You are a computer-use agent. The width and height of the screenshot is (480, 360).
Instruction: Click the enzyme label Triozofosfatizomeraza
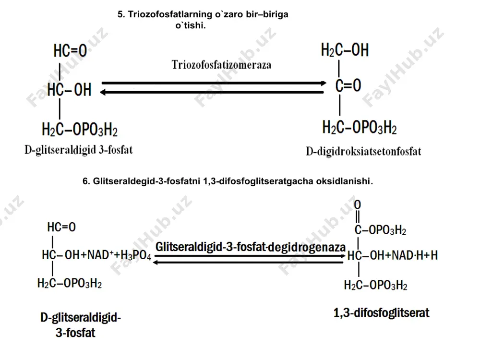221,65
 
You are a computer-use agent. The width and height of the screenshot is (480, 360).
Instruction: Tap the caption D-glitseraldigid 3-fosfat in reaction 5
79,150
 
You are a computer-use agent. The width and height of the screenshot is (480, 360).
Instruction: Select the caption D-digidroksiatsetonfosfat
363,152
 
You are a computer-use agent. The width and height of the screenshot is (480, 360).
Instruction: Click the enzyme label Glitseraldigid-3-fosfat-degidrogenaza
251,247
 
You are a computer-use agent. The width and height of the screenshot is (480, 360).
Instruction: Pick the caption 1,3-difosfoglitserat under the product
381,313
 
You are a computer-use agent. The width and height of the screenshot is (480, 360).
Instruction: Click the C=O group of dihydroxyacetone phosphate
348,85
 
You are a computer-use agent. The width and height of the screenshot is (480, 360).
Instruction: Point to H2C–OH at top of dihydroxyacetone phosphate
345,50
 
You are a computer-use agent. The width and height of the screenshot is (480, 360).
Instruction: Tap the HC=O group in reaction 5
70,50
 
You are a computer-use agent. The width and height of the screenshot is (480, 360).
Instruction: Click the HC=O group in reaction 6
61,227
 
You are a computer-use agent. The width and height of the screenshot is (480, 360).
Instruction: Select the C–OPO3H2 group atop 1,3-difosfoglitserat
380,230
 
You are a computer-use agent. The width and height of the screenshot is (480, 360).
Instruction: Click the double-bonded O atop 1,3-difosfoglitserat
357,205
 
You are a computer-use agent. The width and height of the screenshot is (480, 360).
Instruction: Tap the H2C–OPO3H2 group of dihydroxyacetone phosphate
360,127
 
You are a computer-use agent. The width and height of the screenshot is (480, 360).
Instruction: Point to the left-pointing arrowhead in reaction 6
156,263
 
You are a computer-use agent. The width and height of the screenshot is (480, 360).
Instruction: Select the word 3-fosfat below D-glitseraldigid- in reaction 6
75,333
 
